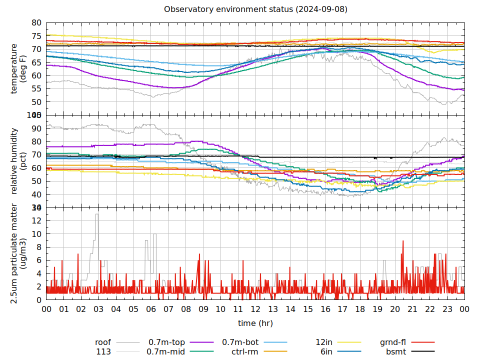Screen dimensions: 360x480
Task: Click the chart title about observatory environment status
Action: tap(255, 9)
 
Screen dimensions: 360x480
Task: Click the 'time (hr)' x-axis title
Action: tap(255, 323)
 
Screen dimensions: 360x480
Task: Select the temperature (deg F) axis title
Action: tap(18, 68)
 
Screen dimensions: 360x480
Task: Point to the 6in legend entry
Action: tap(326, 351)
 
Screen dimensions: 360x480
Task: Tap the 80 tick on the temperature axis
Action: tap(36, 23)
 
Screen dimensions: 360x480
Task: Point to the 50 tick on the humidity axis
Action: tap(36, 181)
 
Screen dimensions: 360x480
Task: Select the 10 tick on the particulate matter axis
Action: tap(36, 234)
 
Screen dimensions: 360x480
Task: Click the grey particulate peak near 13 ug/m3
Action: tap(97, 214)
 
